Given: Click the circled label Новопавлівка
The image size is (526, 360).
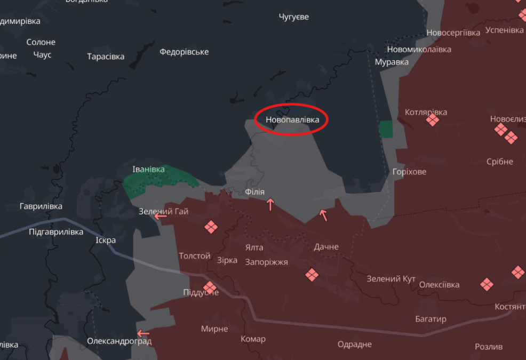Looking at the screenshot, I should (x=292, y=119).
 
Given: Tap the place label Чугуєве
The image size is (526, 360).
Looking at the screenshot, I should (x=293, y=17).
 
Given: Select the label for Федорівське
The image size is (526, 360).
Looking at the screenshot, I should (x=184, y=52).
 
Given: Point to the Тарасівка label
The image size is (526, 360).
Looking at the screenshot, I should (x=106, y=56).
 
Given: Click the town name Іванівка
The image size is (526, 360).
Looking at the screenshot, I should (x=149, y=170).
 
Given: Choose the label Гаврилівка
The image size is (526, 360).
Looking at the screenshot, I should (x=41, y=206).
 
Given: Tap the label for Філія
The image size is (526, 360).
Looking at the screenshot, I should (x=254, y=192).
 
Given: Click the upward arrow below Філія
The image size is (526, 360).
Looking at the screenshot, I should (x=270, y=204).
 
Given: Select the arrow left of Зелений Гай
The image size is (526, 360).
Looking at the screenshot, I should (x=160, y=215).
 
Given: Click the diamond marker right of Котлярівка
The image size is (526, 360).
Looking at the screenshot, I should (x=433, y=120).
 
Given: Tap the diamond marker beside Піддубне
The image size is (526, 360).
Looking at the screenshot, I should (x=210, y=288).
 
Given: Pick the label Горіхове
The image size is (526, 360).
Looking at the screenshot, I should (x=409, y=172).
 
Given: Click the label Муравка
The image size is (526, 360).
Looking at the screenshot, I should (x=392, y=62).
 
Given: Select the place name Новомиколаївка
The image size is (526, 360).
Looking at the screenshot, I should (x=419, y=49).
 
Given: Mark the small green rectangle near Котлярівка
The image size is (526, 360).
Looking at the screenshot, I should (x=385, y=128).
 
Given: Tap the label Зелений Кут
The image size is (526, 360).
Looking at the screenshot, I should (x=391, y=279).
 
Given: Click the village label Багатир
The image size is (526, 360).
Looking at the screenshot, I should (x=431, y=319).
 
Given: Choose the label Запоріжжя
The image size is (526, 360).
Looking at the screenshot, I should (x=267, y=262).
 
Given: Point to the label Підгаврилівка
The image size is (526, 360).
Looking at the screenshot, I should (x=56, y=232).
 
